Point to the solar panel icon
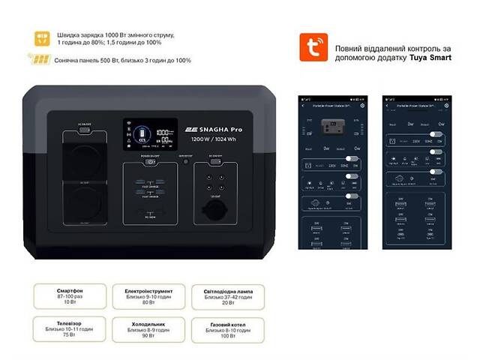click(41, 58)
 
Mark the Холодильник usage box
click(142, 328)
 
